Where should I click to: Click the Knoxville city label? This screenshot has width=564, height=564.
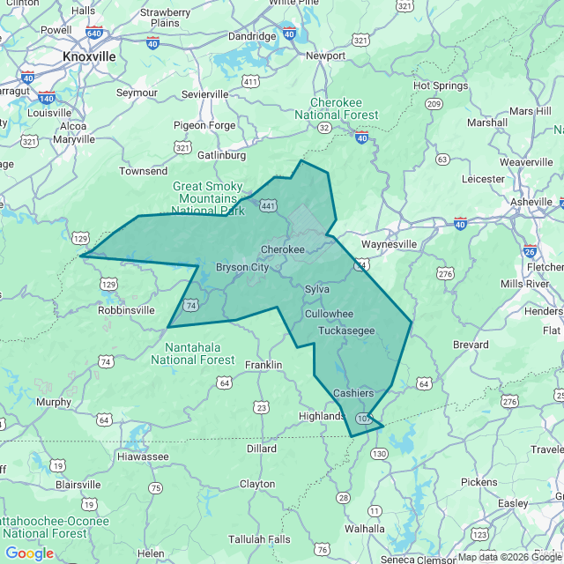pos(89,56)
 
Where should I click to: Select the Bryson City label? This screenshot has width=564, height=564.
pos(242,267)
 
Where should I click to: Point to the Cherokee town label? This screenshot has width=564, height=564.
pos(282,249)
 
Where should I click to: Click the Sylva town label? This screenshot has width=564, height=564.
pos(317,289)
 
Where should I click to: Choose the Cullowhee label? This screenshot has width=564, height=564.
pos(329,314)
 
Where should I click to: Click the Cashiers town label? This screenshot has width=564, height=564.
pos(353,392)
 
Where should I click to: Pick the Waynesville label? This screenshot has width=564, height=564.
pos(389,244)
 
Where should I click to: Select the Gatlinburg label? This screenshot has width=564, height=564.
pos(221,155)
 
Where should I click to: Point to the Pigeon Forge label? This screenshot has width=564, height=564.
pos(204,125)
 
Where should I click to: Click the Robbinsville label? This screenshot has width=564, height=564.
pos(125,310)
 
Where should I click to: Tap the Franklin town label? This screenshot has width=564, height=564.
pos(263,365)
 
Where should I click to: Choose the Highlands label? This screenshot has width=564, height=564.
pos(321,416)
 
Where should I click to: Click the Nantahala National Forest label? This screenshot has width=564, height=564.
pos(193,353)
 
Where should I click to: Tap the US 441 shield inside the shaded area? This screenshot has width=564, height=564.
pos(269,205)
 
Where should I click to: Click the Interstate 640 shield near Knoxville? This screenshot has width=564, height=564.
pos(93,33)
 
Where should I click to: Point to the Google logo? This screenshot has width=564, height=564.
pos(29,553)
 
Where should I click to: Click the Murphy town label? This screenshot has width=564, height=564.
pos(54,402)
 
